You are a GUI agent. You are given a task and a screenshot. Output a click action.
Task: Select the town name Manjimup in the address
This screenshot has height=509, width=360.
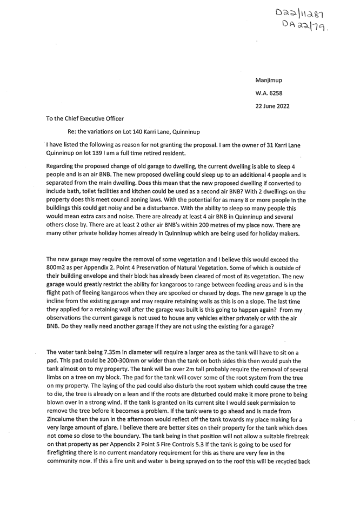[x=269, y=80]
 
